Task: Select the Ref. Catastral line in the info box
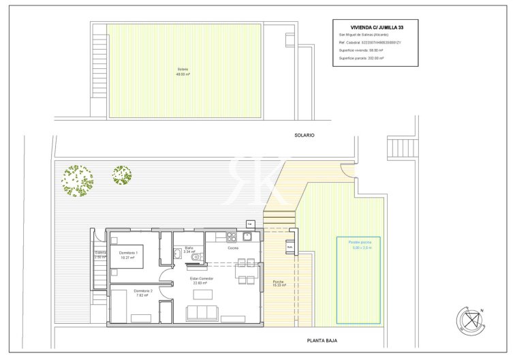pyautogui.click(x=370, y=42)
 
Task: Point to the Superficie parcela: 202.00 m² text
pyautogui.click(x=361, y=59)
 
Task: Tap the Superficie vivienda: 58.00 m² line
pyautogui.click(x=362, y=50)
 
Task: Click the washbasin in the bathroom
pyautogui.click(x=195, y=257)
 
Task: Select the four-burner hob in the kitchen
pyautogui.click(x=232, y=237)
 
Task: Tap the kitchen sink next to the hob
pyautogui.click(x=247, y=237)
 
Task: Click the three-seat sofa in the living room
pyautogui.click(x=202, y=313)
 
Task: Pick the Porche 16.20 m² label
pyautogui.click(x=279, y=282)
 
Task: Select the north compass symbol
pyautogui.click(x=469, y=319)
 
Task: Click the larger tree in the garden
pyautogui.click(x=76, y=180)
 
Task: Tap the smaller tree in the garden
pyautogui.click(x=122, y=175)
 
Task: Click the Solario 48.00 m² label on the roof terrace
pyautogui.click(x=183, y=72)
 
